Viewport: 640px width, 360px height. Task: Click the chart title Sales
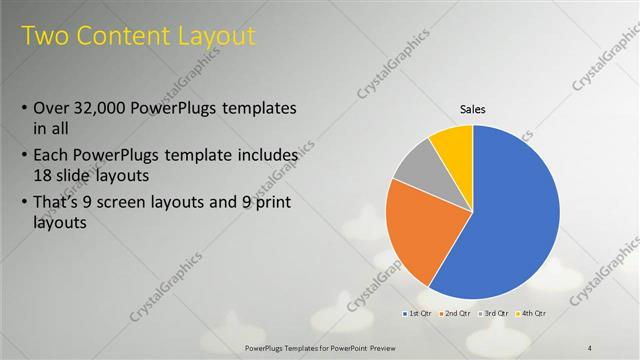473,109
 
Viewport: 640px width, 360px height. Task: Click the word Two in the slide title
46,36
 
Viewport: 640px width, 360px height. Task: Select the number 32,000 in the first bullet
109,108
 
